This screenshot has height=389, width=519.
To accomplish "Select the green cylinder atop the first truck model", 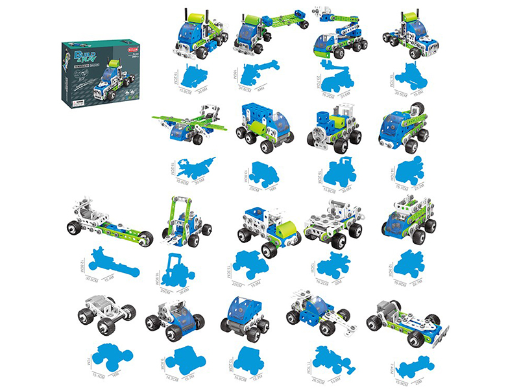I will click(195, 14).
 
